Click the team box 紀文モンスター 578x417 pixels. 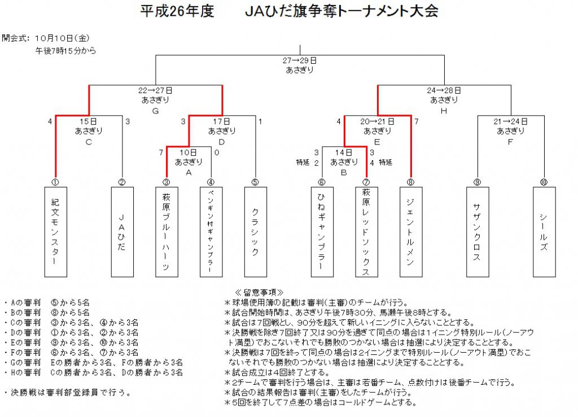tap(56, 232)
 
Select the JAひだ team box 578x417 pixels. tap(122, 232)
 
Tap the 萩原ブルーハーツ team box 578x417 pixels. tap(167, 232)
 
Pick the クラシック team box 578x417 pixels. tap(256, 232)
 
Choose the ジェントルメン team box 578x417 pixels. tap(411, 232)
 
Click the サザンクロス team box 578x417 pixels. tap(478, 232)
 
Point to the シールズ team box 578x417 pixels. tap(544, 232)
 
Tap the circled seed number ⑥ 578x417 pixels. tap(322, 182)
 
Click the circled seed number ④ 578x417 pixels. tap(211, 182)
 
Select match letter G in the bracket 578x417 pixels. tap(156, 111)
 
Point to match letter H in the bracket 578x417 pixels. tap(444, 111)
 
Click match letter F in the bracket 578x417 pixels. tap(510, 142)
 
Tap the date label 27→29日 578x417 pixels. tap(300, 60)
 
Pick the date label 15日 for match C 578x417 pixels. tap(89, 121)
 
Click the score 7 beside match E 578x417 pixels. tap(417, 121)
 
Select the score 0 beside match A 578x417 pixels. tap(217, 152)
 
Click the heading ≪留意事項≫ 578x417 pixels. tap(259, 292)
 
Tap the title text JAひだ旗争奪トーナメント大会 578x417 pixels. tap(341, 11)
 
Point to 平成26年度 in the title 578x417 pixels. tap(177, 11)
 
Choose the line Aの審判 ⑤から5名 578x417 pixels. tap(47, 303)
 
